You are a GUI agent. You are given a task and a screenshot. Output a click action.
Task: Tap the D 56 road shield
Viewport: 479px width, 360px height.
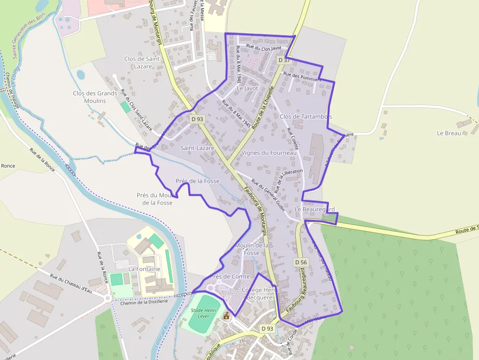(x=301, y=262)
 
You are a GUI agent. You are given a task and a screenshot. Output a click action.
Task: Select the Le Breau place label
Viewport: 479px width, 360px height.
(x=449, y=133)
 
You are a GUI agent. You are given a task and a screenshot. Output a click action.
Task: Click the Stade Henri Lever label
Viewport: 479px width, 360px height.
(x=203, y=313)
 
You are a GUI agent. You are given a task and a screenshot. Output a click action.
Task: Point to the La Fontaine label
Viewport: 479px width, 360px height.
(x=144, y=269)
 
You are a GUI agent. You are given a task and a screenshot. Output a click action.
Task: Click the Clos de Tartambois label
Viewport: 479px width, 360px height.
(x=306, y=117)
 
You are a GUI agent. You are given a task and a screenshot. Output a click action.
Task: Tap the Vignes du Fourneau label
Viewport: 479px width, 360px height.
(x=269, y=153)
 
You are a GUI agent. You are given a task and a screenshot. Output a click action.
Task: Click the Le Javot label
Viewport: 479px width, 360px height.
(x=247, y=89)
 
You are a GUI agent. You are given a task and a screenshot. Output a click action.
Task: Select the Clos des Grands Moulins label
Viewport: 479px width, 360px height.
(x=95, y=97)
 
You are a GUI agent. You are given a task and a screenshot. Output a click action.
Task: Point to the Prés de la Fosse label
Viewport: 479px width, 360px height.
(x=197, y=181)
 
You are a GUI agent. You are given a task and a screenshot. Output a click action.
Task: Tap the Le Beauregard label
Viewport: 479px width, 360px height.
(x=315, y=210)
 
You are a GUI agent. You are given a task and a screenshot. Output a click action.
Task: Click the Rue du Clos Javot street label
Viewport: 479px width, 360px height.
(x=264, y=47)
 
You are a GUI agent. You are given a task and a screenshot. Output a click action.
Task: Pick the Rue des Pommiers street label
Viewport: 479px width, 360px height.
(x=302, y=77)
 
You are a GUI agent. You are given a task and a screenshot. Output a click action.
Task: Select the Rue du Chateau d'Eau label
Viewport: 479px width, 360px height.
(x=71, y=283)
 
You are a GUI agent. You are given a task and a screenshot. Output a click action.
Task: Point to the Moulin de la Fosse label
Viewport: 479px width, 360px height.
(x=252, y=249)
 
